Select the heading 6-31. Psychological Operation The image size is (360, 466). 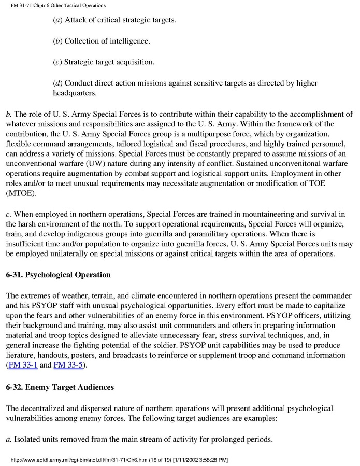point(59,276)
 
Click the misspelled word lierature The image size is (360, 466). point(23,356)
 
